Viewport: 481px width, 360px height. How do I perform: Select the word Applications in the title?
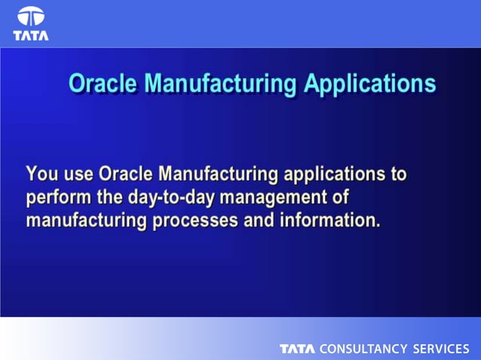(x=369, y=83)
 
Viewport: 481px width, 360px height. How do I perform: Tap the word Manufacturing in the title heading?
(x=219, y=83)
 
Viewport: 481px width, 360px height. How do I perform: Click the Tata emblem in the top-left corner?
(x=31, y=17)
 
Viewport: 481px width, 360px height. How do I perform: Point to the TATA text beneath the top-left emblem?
(x=31, y=35)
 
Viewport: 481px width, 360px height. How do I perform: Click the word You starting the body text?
(x=40, y=175)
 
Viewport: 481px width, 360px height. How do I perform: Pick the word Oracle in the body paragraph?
(x=126, y=175)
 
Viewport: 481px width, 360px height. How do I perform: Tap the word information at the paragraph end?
(x=332, y=221)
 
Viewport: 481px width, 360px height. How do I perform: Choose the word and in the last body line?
(x=264, y=221)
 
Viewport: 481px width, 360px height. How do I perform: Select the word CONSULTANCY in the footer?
(x=363, y=349)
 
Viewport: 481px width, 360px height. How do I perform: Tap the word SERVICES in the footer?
(x=441, y=349)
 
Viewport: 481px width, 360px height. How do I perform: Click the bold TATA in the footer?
(x=298, y=349)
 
